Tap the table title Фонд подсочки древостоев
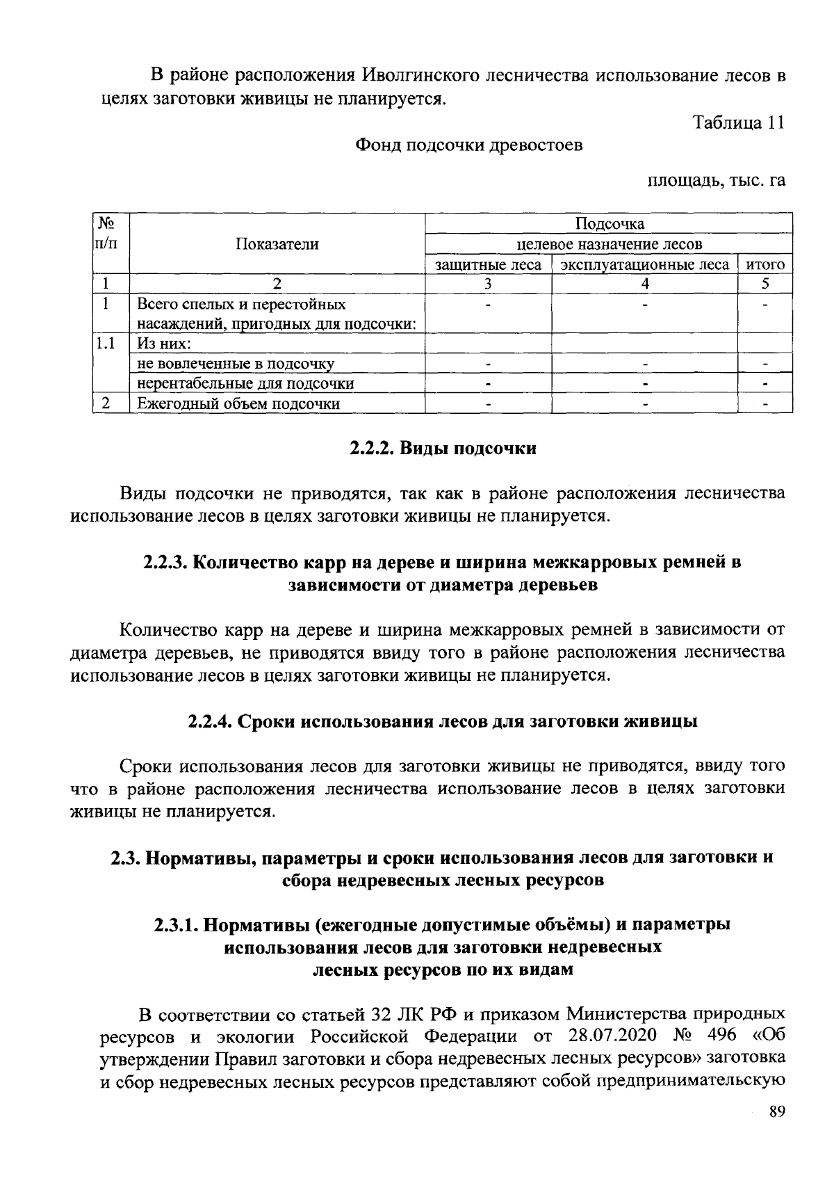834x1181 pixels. click(x=469, y=145)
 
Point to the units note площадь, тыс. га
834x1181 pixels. click(x=717, y=181)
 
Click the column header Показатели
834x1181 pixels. click(x=277, y=244)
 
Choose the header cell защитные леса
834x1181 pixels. click(x=488, y=265)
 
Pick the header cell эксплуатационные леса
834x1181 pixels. click(x=644, y=265)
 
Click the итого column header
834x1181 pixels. click(x=764, y=265)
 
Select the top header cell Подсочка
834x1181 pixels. click(x=609, y=223)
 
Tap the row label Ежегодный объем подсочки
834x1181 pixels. click(x=238, y=404)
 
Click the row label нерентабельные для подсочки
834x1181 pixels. click(x=245, y=384)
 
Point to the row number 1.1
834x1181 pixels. click(x=106, y=343)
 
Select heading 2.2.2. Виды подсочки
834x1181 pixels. click(x=442, y=449)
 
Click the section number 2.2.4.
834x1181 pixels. click(x=210, y=721)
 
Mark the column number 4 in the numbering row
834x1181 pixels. click(x=644, y=284)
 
